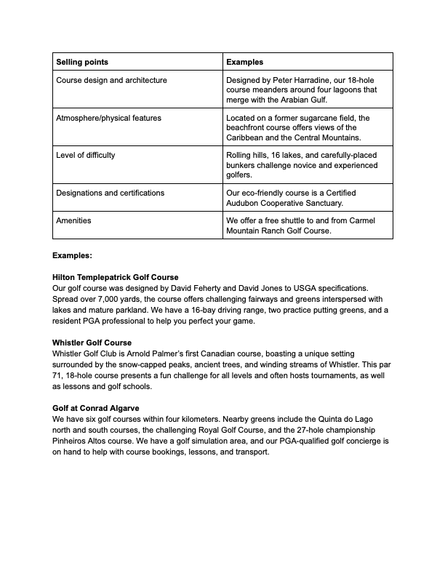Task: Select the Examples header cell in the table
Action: pos(245,62)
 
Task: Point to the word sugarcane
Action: pos(326,118)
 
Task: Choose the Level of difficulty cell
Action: pos(86,156)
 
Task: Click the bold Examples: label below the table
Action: pos(73,256)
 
